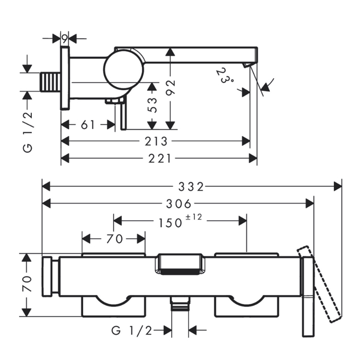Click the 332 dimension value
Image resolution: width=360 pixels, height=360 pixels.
tap(192, 186)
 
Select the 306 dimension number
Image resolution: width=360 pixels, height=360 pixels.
tap(178, 203)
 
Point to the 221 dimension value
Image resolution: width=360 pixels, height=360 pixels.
tap(160, 158)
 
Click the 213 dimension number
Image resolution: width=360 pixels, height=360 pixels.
tap(157, 141)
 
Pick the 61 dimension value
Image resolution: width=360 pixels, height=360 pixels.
tap(88, 124)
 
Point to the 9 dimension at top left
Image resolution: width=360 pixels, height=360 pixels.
tap(64, 38)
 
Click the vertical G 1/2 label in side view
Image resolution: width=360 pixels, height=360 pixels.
tap(28, 131)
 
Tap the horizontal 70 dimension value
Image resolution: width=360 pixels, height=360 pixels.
tap(114, 239)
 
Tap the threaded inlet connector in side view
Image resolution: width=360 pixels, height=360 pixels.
tap(50, 82)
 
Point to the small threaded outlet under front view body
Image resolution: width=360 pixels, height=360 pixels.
tap(179, 305)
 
